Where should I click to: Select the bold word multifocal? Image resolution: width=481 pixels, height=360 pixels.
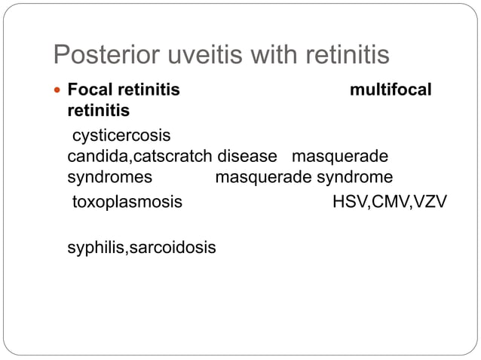coord(391,91)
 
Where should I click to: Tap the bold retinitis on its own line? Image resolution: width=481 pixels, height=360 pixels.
coord(97,111)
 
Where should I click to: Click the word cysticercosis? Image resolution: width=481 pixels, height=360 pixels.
coord(121,137)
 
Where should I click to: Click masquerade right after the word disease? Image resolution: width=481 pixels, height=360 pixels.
coord(339,157)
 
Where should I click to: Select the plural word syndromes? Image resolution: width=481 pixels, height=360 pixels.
coord(109,178)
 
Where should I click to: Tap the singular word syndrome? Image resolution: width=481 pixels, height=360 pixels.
coord(354,178)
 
